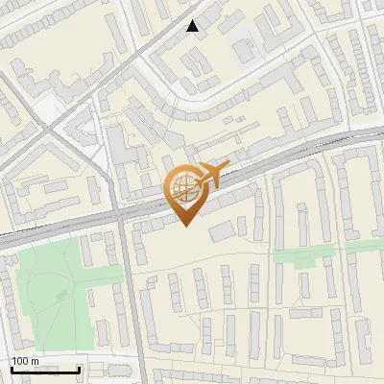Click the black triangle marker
(194, 26)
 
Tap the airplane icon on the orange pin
(210, 175)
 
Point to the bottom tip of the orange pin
(186, 227)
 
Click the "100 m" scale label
(25, 361)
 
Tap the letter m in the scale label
(36, 361)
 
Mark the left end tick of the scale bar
(11, 369)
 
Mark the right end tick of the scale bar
(79, 369)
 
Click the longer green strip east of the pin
(302, 256)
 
